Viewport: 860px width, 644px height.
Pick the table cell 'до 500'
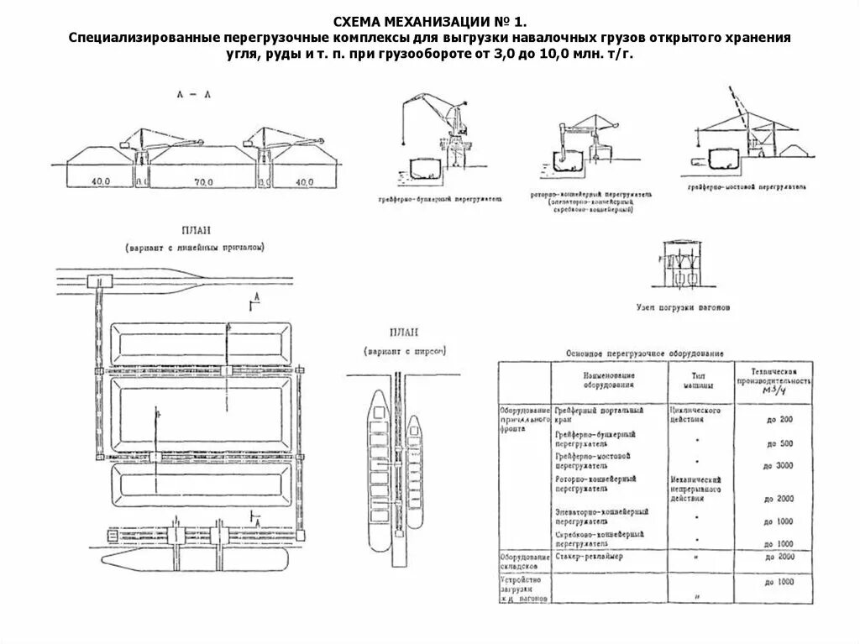(779, 443)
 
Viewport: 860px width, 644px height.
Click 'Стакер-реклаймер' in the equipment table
(589, 558)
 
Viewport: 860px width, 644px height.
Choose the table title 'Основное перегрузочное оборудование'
(644, 353)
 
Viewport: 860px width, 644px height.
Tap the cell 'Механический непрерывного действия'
(695, 487)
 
